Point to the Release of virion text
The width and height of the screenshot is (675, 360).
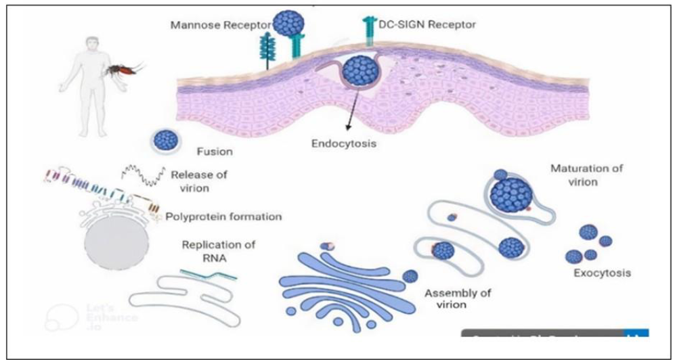200,180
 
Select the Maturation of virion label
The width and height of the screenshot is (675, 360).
586,175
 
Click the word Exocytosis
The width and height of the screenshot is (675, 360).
602,273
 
